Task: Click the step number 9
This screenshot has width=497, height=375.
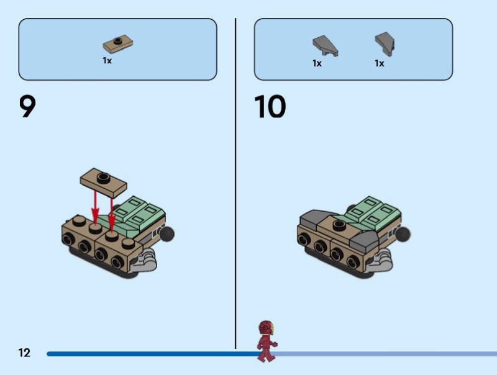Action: click(x=27, y=106)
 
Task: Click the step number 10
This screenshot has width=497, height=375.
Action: click(x=270, y=106)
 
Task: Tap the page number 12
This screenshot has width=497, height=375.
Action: click(x=24, y=353)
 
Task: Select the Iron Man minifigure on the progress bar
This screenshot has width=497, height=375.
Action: click(x=267, y=341)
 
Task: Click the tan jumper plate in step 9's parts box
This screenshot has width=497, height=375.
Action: click(x=118, y=43)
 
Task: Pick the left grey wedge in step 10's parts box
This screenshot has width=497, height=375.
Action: click(x=325, y=45)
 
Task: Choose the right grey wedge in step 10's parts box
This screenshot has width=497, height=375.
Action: click(x=385, y=43)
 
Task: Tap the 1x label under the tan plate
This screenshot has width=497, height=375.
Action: click(x=107, y=60)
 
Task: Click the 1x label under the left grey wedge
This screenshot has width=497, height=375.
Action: click(x=317, y=63)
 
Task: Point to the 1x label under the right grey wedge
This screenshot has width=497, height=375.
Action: click(x=380, y=63)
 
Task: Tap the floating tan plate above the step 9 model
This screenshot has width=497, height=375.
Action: click(x=103, y=182)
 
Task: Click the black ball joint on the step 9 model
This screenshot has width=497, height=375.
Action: click(x=166, y=233)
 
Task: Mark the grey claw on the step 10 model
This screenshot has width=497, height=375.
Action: click(x=380, y=261)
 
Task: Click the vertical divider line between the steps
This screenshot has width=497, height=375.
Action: click(x=235, y=184)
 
